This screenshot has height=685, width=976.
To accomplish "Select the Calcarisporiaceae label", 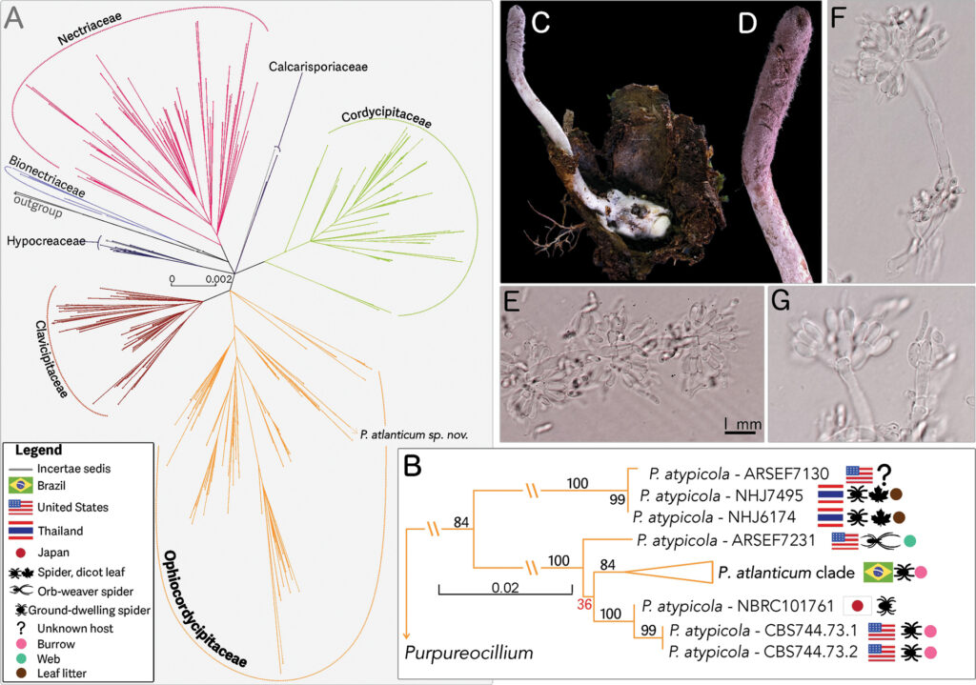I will click(x=317, y=67).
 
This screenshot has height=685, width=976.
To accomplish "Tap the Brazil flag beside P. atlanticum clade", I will click(x=876, y=572).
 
